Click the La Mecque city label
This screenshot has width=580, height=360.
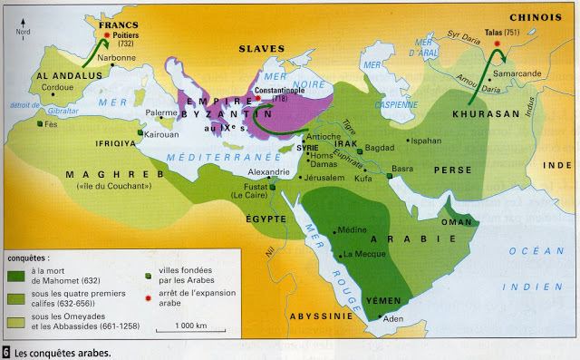click(364, 255)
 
